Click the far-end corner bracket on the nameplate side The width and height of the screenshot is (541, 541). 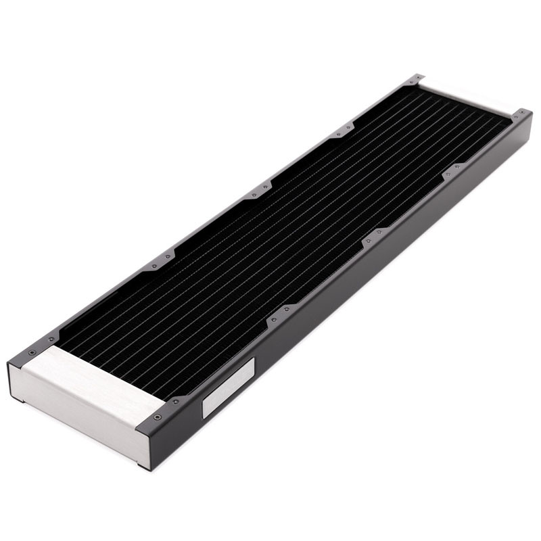click(521, 115)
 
